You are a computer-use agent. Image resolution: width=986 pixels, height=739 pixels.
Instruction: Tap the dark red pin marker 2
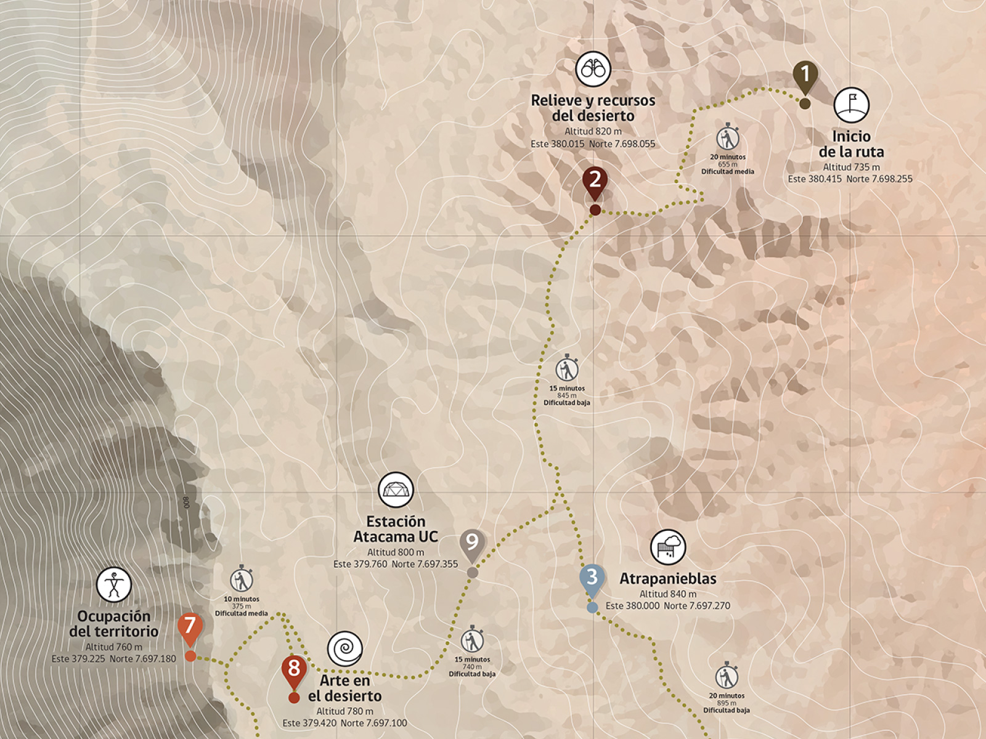pos(595,180)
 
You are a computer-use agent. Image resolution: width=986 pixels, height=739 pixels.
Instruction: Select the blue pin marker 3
pos(592,578)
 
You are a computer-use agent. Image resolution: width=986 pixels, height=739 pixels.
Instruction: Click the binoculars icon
pos(593,69)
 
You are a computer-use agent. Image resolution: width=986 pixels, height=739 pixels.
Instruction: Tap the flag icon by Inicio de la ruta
pos(851,105)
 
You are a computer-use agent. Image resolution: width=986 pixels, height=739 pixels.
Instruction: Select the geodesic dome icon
pos(396,490)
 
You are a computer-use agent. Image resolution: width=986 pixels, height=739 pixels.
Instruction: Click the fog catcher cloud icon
pos(668,546)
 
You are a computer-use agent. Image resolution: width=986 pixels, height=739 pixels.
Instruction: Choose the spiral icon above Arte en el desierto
pos(344,648)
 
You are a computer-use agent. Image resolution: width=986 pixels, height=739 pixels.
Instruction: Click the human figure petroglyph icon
pos(114,584)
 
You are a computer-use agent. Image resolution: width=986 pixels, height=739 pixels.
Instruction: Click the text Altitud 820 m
pos(593,131)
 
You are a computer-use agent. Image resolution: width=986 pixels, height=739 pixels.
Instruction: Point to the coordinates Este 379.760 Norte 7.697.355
pos(396,564)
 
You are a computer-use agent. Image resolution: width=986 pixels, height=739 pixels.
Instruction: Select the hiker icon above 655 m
pos(728,138)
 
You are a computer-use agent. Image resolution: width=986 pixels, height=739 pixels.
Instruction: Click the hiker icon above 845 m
pos(566,369)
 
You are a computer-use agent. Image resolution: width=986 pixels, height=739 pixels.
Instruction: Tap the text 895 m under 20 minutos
pos(727,703)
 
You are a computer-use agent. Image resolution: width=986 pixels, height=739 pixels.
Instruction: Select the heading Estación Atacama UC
pos(396,529)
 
